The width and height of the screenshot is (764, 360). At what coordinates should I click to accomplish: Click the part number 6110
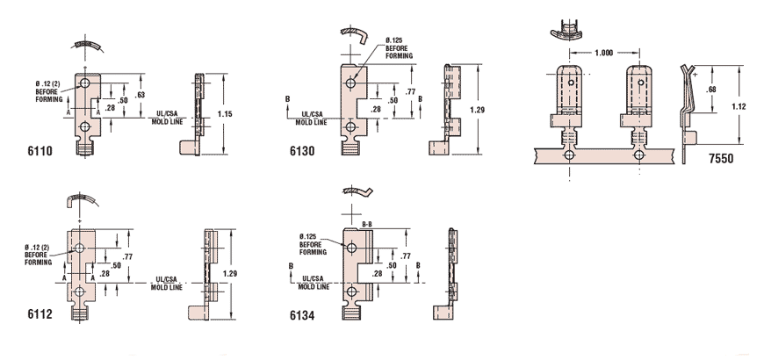[x=40, y=151]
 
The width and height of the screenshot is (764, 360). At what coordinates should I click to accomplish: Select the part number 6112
[x=40, y=314]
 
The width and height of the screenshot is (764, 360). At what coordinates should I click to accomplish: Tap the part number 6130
[x=302, y=151]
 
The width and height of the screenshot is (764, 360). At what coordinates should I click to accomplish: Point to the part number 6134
[x=302, y=316]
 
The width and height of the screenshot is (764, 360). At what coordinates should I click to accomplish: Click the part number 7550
[x=721, y=158]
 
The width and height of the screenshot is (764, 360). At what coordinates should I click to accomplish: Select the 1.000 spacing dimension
[x=603, y=53]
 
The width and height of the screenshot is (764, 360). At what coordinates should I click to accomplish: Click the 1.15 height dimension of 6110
[x=225, y=114]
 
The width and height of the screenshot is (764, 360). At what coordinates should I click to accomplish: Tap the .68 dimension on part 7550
[x=711, y=90]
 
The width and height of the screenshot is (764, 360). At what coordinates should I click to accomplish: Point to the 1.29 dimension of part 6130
[x=478, y=110]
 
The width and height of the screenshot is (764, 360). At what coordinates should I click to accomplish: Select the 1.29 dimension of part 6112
[x=229, y=273]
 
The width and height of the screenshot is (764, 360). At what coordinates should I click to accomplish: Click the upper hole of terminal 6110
[x=85, y=83]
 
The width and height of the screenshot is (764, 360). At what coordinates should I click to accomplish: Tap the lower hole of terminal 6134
[x=350, y=292]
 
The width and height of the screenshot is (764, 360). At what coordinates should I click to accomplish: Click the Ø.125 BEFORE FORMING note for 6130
[x=399, y=47]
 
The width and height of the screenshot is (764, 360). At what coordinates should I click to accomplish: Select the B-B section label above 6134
[x=367, y=225]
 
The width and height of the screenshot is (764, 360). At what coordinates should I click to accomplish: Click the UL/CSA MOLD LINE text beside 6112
[x=167, y=284]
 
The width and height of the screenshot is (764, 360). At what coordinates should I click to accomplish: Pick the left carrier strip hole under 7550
[x=569, y=156]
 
